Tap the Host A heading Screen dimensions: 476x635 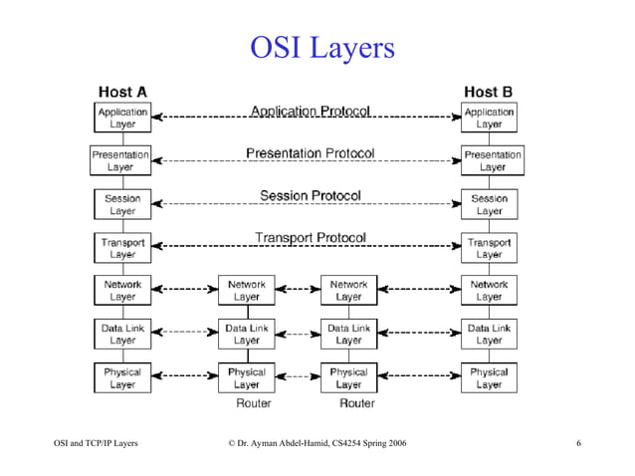122,92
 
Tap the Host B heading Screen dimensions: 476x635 489,92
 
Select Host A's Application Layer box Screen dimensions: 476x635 122,119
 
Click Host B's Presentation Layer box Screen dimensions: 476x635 491,161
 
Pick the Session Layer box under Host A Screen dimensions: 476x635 122,204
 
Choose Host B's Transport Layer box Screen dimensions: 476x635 489,247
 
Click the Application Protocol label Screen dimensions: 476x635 311,112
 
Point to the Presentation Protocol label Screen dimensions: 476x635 311,153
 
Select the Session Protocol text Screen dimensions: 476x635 311,195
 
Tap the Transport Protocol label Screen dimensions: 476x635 311,238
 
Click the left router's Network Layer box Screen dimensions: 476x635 247,290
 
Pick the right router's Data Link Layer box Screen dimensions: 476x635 348,334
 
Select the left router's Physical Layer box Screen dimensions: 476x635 247,377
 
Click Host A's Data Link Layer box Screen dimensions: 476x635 122,334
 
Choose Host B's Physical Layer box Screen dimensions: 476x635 489,377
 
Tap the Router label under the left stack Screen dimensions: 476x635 253,403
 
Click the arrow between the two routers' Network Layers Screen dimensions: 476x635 298,290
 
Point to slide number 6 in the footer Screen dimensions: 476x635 578,442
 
